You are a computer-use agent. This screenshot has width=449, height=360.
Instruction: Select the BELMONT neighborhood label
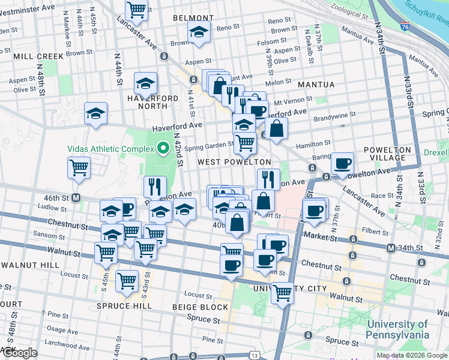(190, 18)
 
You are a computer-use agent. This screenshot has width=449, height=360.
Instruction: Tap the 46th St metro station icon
(76, 197)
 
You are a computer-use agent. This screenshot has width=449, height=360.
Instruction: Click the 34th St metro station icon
(391, 248)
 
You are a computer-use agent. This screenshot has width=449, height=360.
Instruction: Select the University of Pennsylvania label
(398, 330)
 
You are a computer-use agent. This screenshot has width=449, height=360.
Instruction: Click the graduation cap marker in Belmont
(198, 34)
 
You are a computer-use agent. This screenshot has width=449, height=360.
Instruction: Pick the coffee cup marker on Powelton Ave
(342, 163)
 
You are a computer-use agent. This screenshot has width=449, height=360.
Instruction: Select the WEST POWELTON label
(234, 163)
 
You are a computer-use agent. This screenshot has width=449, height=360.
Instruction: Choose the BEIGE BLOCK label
(200, 307)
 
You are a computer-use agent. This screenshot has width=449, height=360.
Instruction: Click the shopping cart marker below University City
(282, 293)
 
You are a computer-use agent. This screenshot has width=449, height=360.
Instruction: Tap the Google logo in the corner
(19, 353)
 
